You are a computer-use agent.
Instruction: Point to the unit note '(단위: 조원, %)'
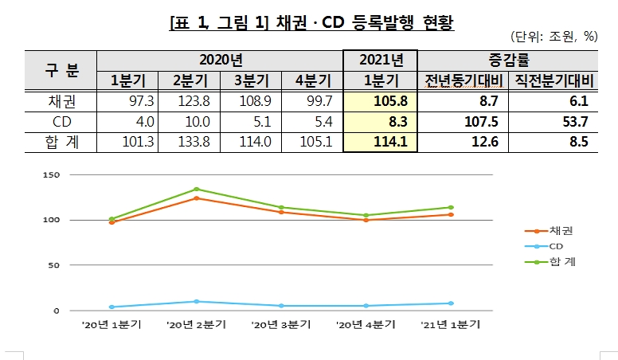(x=553, y=37)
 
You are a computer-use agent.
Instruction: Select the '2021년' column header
(x=379, y=60)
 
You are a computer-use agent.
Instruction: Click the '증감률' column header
(x=508, y=60)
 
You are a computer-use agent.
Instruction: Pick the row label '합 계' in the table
(x=61, y=142)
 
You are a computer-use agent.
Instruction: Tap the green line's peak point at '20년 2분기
(x=197, y=190)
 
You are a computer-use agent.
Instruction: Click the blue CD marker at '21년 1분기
(x=450, y=303)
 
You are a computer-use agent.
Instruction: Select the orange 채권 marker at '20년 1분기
(x=111, y=222)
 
